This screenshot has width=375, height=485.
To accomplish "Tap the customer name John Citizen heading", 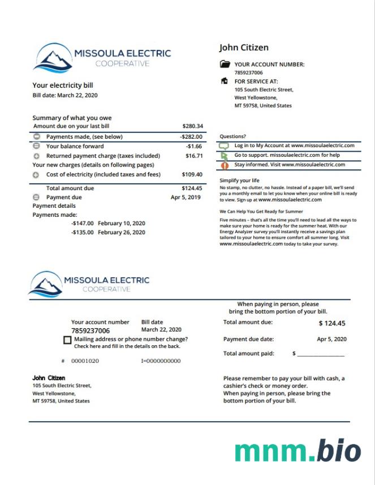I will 243,48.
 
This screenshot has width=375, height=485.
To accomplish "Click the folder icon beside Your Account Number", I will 225,65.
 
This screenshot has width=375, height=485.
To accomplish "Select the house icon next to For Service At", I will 225,81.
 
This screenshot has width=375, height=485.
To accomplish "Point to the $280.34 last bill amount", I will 192,126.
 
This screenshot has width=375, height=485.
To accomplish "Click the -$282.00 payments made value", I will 191,136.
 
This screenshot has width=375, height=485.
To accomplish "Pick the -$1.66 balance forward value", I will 194,146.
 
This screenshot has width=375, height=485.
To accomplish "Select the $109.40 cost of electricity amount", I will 192,174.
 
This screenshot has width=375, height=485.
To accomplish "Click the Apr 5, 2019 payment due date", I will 186,197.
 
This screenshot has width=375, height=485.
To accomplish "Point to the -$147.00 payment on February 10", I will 83,224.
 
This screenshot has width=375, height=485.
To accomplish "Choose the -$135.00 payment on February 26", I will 83,232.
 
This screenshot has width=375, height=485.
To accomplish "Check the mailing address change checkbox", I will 68,340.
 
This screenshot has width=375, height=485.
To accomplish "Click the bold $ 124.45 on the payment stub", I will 332,324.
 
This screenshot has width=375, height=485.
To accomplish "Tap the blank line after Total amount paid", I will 321,354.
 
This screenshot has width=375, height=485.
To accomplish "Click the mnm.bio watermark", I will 298,451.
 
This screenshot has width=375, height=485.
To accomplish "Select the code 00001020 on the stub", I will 85,360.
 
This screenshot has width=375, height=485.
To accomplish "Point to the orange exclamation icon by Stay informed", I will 225,165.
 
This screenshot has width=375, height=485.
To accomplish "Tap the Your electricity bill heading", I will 62,85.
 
